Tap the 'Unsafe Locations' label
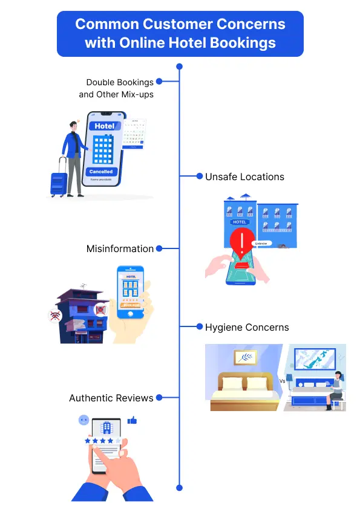coord(244,177)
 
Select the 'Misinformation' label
coord(120,248)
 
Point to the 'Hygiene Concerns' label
coord(247,327)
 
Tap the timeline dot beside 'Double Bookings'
coord(159,81)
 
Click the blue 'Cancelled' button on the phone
coord(100,172)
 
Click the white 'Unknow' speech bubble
coord(261,243)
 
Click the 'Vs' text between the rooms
coord(282,381)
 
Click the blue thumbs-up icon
coord(132,420)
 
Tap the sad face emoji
coord(83,420)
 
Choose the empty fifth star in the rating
coord(119,441)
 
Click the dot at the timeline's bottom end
coord(179,487)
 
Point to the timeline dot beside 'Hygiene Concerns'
coord(199,327)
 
